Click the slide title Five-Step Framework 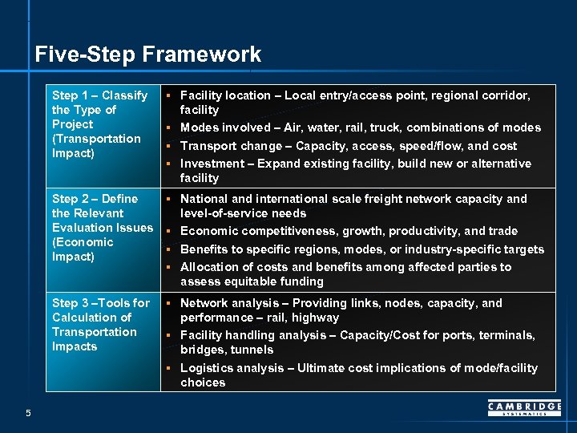148,55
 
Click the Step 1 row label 99,124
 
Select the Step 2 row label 102,228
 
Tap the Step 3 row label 100,325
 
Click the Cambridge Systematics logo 524,410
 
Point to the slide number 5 28,413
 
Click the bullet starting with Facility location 354,103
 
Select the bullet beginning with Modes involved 360,127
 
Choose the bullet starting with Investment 355,171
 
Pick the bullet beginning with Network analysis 341,310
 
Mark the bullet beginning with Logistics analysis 358,375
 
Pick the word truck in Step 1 388,127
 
